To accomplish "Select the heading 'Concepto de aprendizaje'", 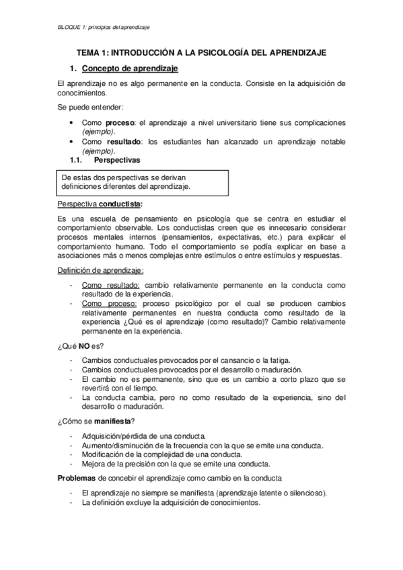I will coord(130,69).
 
